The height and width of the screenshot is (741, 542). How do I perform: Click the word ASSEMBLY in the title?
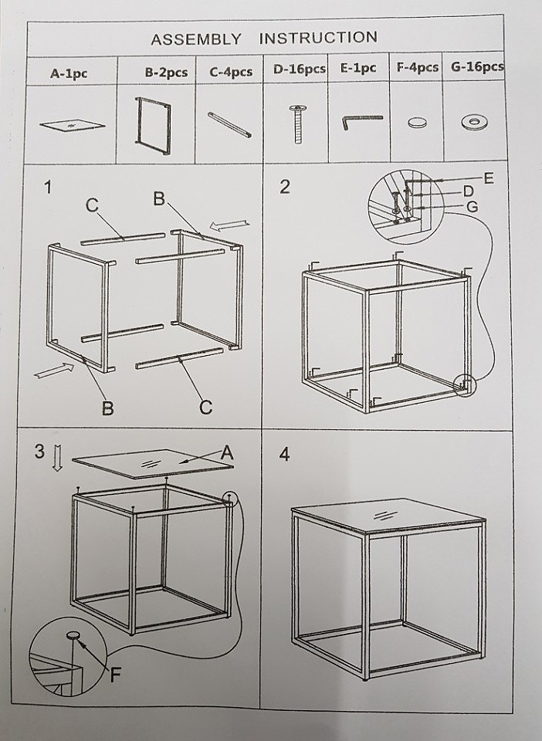coord(195,39)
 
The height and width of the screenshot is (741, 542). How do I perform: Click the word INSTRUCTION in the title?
coord(318,37)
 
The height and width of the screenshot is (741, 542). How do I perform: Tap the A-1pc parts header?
coord(69,74)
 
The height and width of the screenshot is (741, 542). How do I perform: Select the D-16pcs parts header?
coord(300,69)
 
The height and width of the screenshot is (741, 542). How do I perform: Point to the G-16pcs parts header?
coord(477,66)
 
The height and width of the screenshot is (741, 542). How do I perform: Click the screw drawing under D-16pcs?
coord(298,124)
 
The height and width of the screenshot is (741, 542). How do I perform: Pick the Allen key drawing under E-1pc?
coord(362,122)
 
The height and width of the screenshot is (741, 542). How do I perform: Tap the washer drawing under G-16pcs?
coord(475,122)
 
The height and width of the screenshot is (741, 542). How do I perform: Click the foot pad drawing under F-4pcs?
coord(417,123)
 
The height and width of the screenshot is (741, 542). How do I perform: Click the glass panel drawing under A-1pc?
coord(73,127)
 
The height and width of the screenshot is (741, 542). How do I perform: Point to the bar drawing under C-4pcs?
coord(229,124)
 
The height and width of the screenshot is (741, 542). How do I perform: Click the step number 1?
coord(47,188)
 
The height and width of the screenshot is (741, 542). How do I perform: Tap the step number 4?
coord(284,455)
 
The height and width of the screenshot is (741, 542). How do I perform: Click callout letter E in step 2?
coord(488,178)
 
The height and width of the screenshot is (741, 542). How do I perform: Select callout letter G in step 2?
coord(472,207)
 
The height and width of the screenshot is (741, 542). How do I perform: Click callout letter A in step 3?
coord(227,453)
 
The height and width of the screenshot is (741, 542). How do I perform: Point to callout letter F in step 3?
coord(115,675)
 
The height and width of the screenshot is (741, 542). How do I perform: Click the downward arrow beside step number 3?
coord(57,458)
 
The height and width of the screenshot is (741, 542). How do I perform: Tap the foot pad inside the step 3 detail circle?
coord(73,635)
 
